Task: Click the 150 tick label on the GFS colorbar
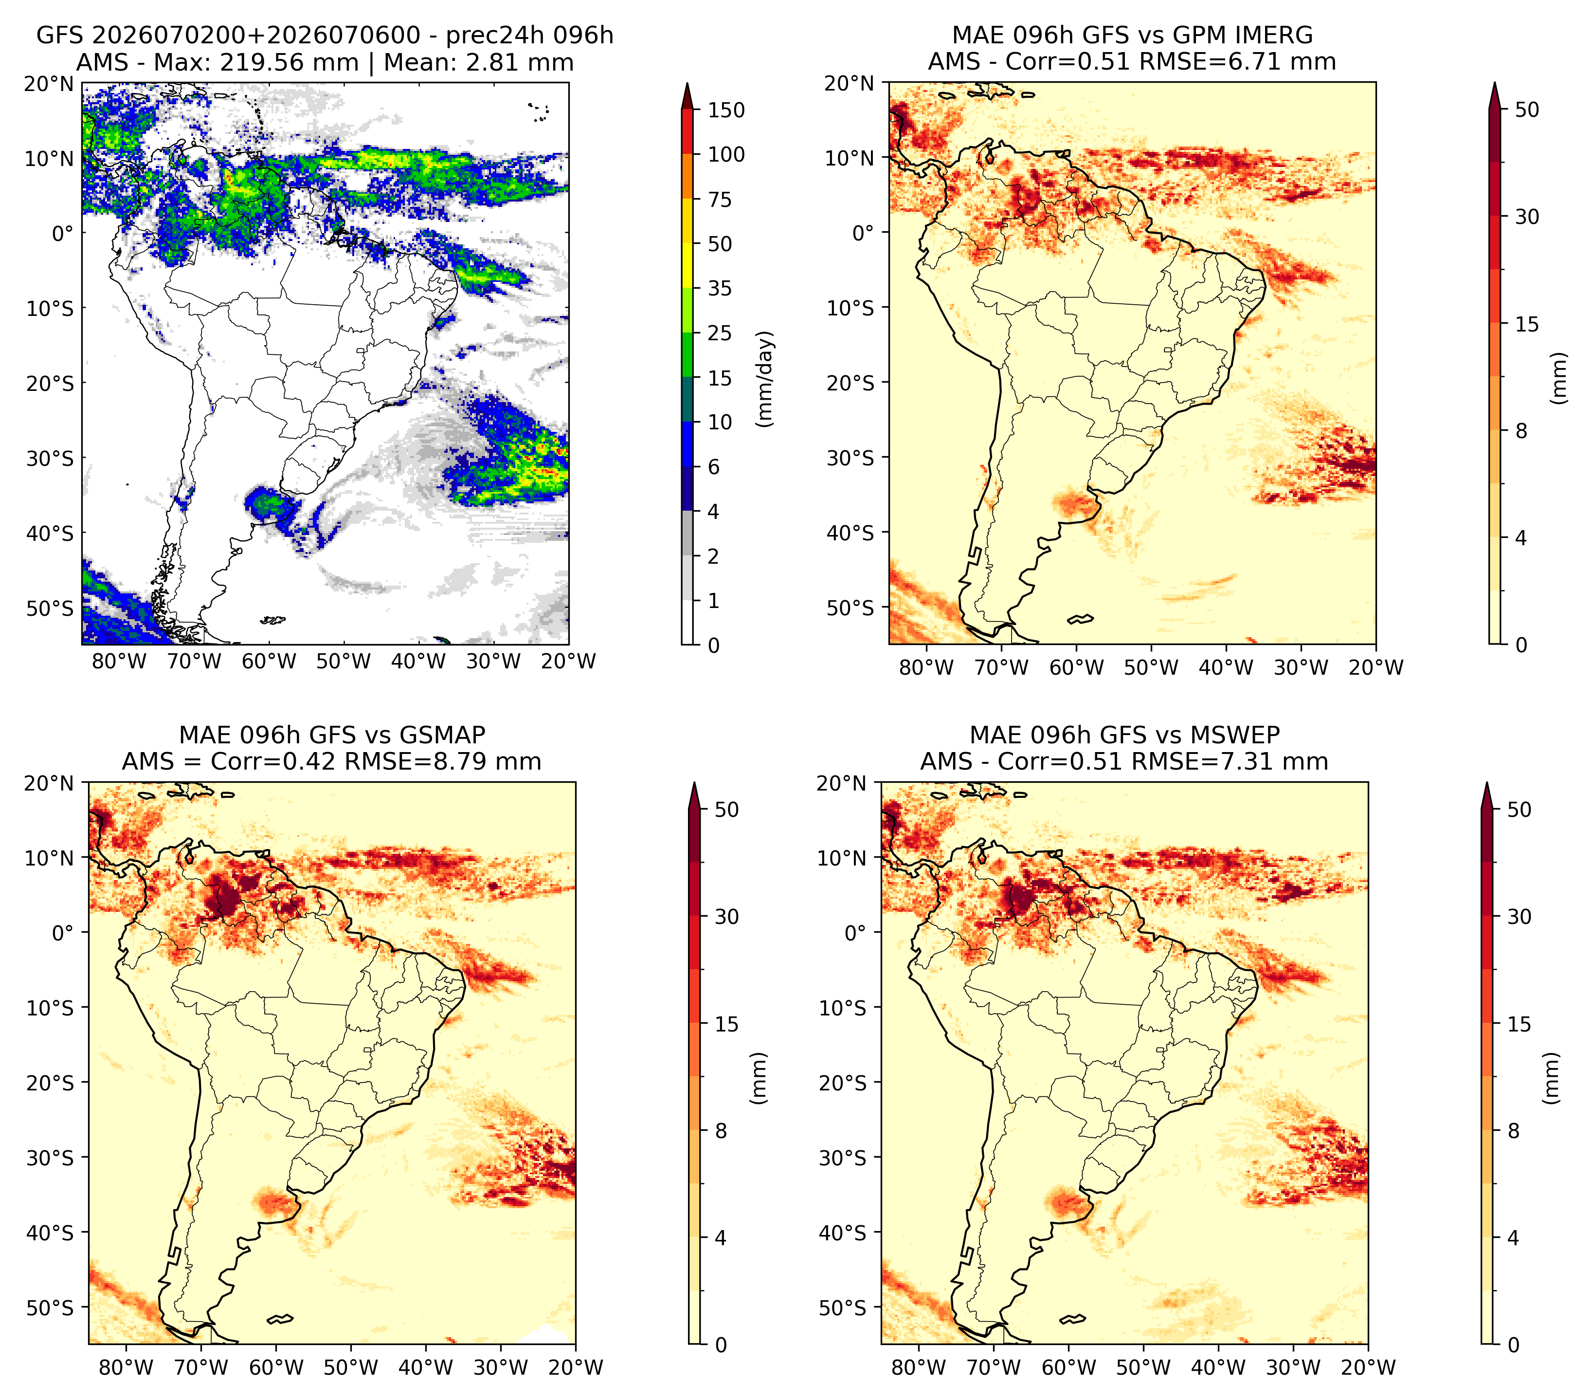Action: (726, 110)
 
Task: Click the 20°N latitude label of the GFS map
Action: (48, 83)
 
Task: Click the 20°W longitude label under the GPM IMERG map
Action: (1376, 667)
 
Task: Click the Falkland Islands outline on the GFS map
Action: (273, 621)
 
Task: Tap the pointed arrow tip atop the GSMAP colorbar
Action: (694, 783)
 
